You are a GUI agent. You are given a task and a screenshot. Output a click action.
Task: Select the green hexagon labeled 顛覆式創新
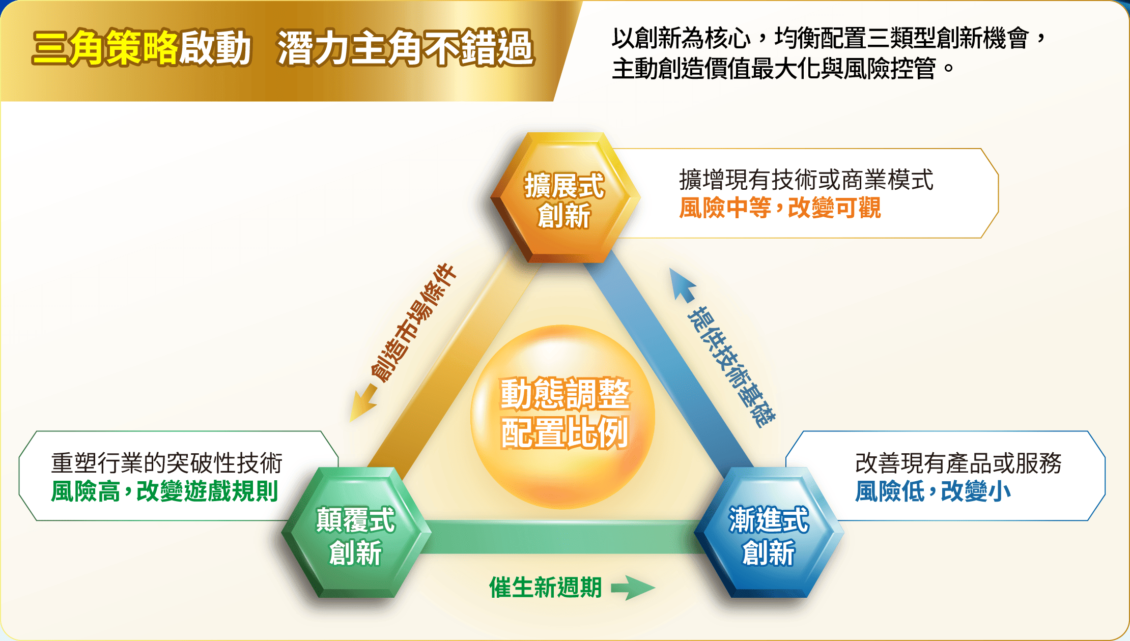pos(356,532)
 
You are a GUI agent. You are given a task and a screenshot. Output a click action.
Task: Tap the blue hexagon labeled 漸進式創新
pos(769,532)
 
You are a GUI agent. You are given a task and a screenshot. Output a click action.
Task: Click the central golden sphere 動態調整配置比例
pos(563,417)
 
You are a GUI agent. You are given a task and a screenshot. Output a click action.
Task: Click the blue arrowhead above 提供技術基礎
pos(682,284)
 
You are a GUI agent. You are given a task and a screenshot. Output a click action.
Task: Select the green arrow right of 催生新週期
pos(633,588)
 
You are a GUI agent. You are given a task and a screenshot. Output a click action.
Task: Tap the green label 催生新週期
pos(546,588)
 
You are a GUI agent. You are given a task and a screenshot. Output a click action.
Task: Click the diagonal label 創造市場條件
pos(413,323)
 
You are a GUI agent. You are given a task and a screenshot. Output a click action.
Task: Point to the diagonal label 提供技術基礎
pos(731,367)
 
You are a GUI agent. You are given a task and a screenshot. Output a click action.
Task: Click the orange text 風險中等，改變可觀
pos(780,208)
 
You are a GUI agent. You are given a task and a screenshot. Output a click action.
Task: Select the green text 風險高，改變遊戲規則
pos(164,491)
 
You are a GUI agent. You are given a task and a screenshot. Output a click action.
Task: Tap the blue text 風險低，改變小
pos(933,491)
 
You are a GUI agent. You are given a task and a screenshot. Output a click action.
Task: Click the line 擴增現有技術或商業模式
pos(806,180)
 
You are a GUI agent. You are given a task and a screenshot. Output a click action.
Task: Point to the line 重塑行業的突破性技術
pos(166,463)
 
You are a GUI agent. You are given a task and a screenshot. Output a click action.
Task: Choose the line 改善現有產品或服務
pos(958,463)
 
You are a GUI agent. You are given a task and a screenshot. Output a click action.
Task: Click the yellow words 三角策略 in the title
pos(105,48)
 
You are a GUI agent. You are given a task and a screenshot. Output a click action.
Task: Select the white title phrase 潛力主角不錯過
pos(406,48)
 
